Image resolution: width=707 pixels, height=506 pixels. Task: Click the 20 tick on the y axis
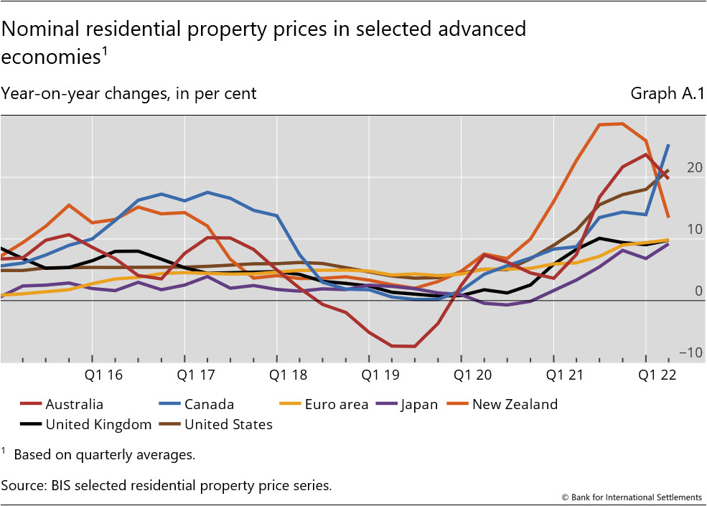point(694,167)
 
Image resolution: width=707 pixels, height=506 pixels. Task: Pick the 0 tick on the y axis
point(698,291)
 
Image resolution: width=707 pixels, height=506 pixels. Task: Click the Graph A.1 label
point(668,93)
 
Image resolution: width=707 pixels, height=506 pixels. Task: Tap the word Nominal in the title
point(39,29)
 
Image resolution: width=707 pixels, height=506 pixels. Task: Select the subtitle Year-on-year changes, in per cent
point(129,93)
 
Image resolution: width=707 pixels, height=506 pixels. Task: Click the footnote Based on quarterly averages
point(104,454)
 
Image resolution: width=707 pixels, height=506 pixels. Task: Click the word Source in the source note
point(22,485)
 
